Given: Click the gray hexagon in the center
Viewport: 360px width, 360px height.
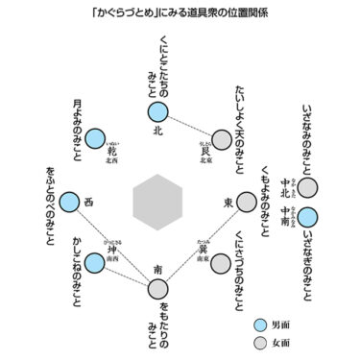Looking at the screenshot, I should pos(158,199).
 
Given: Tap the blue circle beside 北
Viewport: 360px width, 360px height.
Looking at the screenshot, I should pos(158,113).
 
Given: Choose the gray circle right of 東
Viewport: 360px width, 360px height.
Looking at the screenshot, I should pos(246,203).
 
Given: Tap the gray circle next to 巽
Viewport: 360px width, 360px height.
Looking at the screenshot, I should pos(221,260).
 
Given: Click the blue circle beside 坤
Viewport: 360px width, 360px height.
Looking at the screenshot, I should pos(95,260).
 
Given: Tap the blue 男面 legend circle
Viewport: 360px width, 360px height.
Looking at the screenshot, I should pos(256,322).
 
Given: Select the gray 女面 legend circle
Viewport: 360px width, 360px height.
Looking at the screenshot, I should pos(256,342).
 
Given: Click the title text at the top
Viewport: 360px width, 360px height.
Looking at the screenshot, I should pos(180,13).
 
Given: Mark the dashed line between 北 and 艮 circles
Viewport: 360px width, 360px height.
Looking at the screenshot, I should pos(189,127).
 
